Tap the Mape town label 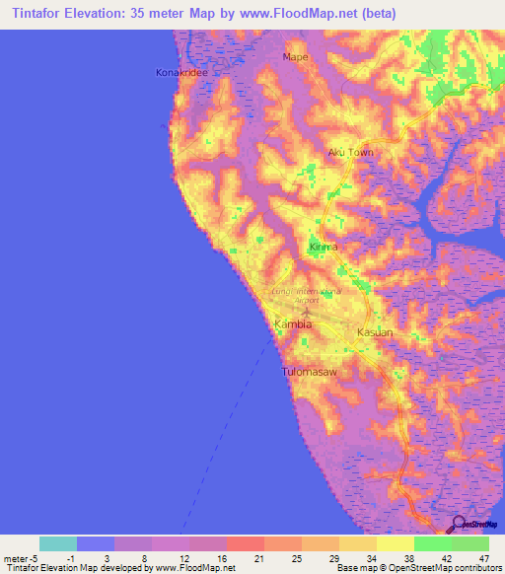[296, 57]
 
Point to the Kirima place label [324, 247]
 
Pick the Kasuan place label [375, 332]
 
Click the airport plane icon [307, 314]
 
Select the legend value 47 [483, 557]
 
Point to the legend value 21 [257, 557]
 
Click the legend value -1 [72, 557]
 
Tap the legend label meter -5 [21, 557]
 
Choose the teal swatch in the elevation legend [58, 543]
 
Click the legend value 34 [371, 557]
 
